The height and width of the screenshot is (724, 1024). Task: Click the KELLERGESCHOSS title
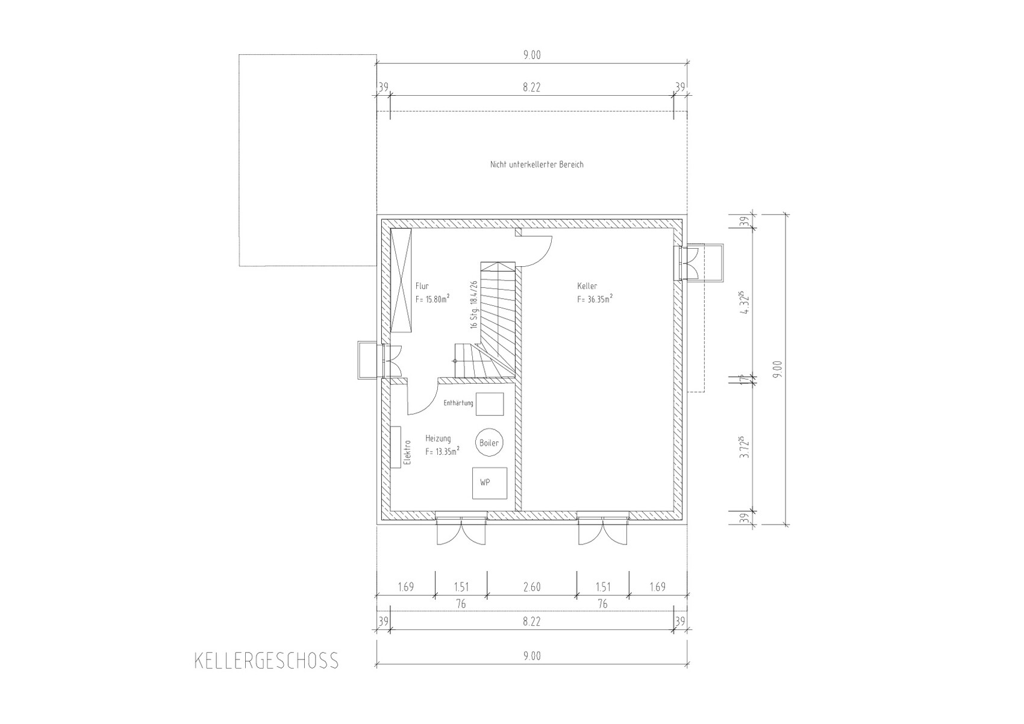pyautogui.click(x=266, y=661)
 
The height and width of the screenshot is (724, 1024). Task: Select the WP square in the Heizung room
pyautogui.click(x=490, y=482)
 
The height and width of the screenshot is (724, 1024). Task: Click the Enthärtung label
pyautogui.click(x=458, y=403)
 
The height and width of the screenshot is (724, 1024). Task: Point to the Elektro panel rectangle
pyautogui.click(x=75, y=446)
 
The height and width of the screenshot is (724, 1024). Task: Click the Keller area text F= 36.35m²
pyautogui.click(x=595, y=299)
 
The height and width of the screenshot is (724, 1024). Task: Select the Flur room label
pyautogui.click(x=422, y=286)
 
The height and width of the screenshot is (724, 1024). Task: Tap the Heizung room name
pyautogui.click(x=438, y=438)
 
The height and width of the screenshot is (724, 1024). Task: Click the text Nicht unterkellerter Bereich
pyautogui.click(x=537, y=164)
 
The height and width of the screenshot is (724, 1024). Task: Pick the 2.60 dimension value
pyautogui.click(x=532, y=587)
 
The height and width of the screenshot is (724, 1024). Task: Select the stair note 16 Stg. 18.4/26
pyautogui.click(x=473, y=305)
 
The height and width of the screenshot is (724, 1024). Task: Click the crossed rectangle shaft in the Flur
pyautogui.click(x=401, y=280)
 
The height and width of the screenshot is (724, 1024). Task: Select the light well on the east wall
pyautogui.click(x=700, y=263)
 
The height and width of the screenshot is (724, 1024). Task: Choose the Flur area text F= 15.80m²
pyautogui.click(x=432, y=299)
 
